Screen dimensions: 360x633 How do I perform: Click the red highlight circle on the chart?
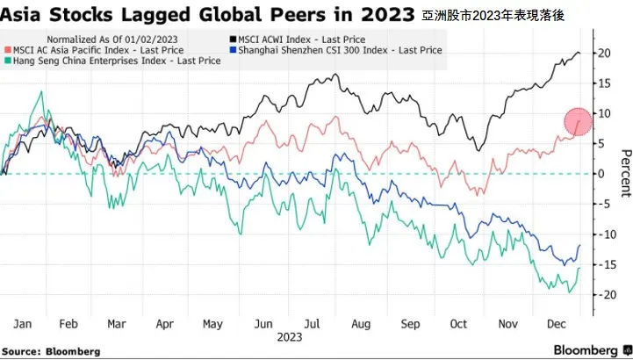[578, 122]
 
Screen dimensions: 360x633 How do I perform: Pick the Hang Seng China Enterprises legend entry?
[113, 61]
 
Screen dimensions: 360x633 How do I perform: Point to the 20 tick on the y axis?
[603, 53]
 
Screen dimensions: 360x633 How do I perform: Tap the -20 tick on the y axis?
[603, 295]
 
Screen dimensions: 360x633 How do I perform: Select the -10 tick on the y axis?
[603, 234]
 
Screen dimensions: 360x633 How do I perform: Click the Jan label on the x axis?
[25, 323]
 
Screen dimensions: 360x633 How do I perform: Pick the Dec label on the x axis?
[555, 323]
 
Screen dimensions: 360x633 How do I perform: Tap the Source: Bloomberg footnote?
[51, 350]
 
